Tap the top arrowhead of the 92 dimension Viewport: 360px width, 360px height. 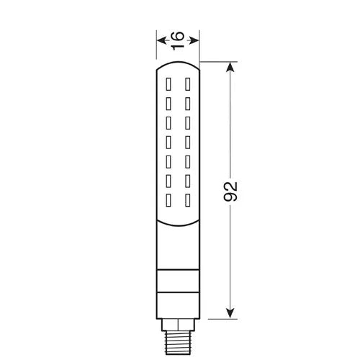click(x=230, y=67)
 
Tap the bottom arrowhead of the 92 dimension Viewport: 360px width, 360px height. click(x=230, y=313)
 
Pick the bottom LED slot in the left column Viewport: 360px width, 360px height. click(x=170, y=200)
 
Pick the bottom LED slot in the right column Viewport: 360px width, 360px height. click(x=186, y=200)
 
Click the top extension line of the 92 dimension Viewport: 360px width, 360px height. click(x=216, y=62)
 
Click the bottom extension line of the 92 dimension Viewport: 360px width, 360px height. click(x=216, y=319)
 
